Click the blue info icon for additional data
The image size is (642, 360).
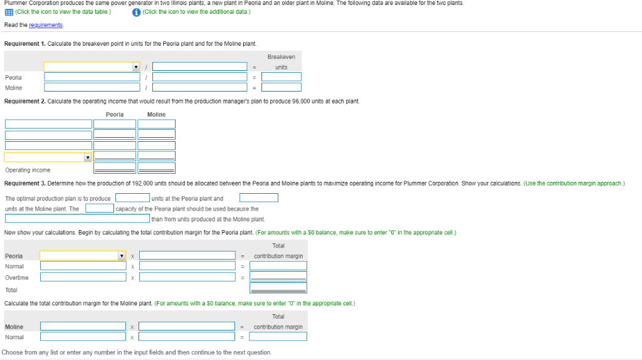point(136,12)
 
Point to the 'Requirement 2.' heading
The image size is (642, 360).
point(24,101)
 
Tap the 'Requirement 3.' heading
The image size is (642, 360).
point(24,183)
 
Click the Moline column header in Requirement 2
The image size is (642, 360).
point(156,114)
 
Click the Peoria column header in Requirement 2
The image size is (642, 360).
point(115,114)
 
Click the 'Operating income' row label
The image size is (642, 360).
point(28,170)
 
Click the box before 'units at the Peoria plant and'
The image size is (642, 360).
point(132,198)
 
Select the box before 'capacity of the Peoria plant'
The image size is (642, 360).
point(100,208)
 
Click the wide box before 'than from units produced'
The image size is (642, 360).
point(78,219)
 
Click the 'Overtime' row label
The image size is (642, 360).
point(17,277)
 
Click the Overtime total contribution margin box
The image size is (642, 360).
point(278,277)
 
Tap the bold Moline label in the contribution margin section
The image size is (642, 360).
point(14,327)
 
